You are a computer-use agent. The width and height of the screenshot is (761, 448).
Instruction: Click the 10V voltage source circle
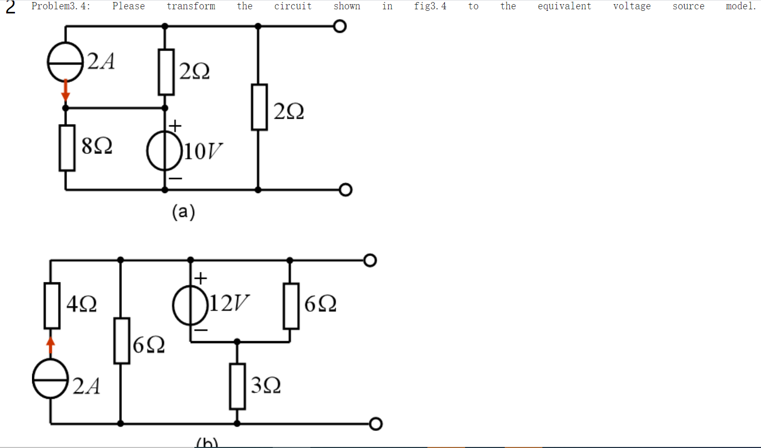(165, 152)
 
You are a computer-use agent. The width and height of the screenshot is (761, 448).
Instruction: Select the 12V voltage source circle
(191, 306)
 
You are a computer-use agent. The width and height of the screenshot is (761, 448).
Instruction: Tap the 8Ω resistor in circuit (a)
(67, 148)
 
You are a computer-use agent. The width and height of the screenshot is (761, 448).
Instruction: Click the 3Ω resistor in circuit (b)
(237, 386)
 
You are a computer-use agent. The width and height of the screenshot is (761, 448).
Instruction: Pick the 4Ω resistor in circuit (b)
(52, 306)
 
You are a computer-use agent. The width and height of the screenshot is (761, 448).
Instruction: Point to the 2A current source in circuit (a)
(65, 61)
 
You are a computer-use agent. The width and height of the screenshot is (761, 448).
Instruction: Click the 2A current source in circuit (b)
(51, 379)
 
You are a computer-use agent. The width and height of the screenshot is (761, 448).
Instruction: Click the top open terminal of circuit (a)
(340, 26)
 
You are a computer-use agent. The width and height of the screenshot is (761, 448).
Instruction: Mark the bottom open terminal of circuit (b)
(376, 424)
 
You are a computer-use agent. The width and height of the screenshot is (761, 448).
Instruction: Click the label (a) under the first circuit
(184, 212)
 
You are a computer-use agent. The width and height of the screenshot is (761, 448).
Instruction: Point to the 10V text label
(203, 152)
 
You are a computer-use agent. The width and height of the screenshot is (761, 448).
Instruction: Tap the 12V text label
(229, 303)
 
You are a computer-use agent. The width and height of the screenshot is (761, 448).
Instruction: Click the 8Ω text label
(97, 147)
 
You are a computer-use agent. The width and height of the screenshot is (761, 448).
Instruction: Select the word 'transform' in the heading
(191, 6)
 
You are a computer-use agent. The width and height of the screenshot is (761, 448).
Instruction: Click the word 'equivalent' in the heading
(564, 6)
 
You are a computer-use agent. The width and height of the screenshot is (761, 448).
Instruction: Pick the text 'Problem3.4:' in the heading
(61, 6)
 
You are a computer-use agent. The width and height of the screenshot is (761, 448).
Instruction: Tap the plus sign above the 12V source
(201, 279)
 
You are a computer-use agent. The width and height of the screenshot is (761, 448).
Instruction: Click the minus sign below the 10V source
(175, 179)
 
